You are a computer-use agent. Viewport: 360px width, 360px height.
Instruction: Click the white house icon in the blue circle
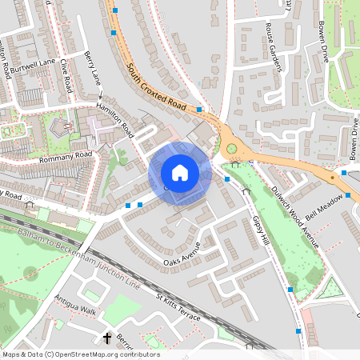[x=180, y=173]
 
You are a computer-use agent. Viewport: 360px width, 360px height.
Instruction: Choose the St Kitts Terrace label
[x=178, y=306]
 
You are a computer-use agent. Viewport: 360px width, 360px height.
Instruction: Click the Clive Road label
[x=66, y=73]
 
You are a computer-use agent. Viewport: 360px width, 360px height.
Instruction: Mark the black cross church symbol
[x=107, y=338]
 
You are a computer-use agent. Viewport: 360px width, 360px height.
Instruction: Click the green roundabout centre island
[x=232, y=148]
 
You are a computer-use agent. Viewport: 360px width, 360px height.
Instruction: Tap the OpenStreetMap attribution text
[x=80, y=354]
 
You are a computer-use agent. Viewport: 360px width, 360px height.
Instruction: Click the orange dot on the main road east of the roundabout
[x=332, y=178]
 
